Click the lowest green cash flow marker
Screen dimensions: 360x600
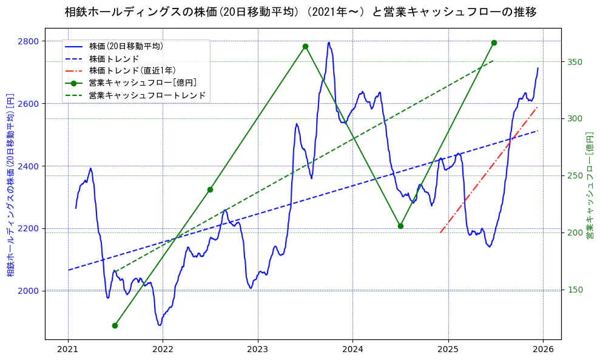coord(115,325)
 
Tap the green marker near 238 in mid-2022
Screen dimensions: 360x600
coord(210,189)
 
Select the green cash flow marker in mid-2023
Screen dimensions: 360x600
coord(305,46)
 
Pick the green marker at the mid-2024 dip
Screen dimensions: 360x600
coord(400,226)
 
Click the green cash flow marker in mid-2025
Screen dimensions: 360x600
coord(494,42)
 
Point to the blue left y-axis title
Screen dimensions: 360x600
coord(10,185)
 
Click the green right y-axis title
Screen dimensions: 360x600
coord(589,185)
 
